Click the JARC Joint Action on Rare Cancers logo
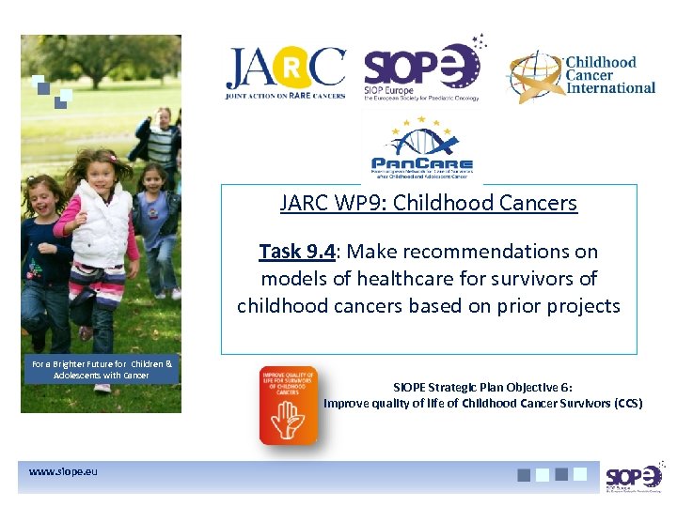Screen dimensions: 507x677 285,73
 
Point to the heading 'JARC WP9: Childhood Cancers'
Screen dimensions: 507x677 428,203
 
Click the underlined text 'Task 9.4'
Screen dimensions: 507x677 292,252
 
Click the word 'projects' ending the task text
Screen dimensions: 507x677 587,306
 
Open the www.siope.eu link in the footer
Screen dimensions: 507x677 63,471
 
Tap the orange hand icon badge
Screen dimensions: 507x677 287,405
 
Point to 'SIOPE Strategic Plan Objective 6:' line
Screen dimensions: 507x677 481,386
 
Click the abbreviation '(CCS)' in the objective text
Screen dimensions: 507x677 627,404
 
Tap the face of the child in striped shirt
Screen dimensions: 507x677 165,117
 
